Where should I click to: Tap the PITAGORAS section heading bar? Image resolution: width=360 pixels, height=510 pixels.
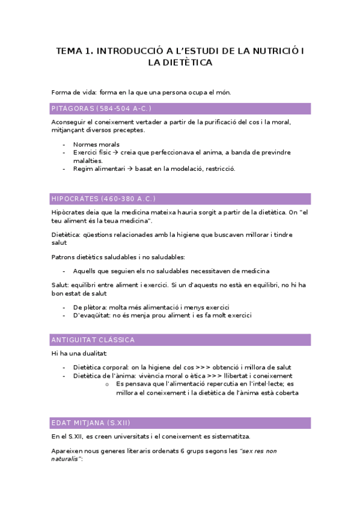point(181,109)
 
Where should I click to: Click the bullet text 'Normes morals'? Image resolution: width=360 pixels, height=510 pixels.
point(96,144)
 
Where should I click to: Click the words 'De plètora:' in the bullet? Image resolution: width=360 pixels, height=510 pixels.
point(91,307)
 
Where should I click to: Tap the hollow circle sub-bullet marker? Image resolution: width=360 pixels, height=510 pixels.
point(106,384)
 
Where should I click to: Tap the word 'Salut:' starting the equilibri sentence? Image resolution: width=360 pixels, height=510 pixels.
point(61,285)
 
